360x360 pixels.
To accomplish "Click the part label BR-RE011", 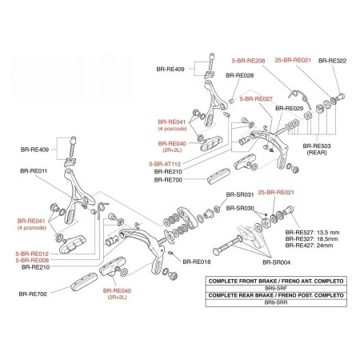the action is tap(34, 171).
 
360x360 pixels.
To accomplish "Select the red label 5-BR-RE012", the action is tap(32, 254).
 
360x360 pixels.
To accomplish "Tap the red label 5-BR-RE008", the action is tap(32, 260).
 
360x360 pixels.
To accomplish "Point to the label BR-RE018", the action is tap(197, 262).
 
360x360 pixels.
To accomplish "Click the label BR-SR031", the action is tap(240, 194).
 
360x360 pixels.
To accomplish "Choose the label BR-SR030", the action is tap(240, 208).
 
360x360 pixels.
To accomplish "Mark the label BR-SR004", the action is tap(277, 262).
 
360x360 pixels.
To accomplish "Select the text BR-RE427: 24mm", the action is tap(309, 246).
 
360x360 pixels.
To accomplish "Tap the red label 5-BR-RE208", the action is tap(248, 61).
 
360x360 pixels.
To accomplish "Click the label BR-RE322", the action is tap(332, 61).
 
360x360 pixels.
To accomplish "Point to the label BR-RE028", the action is tap(240, 75).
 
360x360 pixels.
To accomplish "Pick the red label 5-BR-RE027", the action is tap(256, 99).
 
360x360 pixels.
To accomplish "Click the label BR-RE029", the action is tap(290, 109).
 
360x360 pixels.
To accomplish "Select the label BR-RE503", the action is tap(317, 146).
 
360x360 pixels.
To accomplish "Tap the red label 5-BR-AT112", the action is tap(165, 164).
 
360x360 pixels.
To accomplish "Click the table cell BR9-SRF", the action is tap(276, 288).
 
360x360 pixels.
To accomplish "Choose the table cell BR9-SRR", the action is tap(276, 302).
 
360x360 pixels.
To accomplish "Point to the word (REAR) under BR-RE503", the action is tap(317, 153).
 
